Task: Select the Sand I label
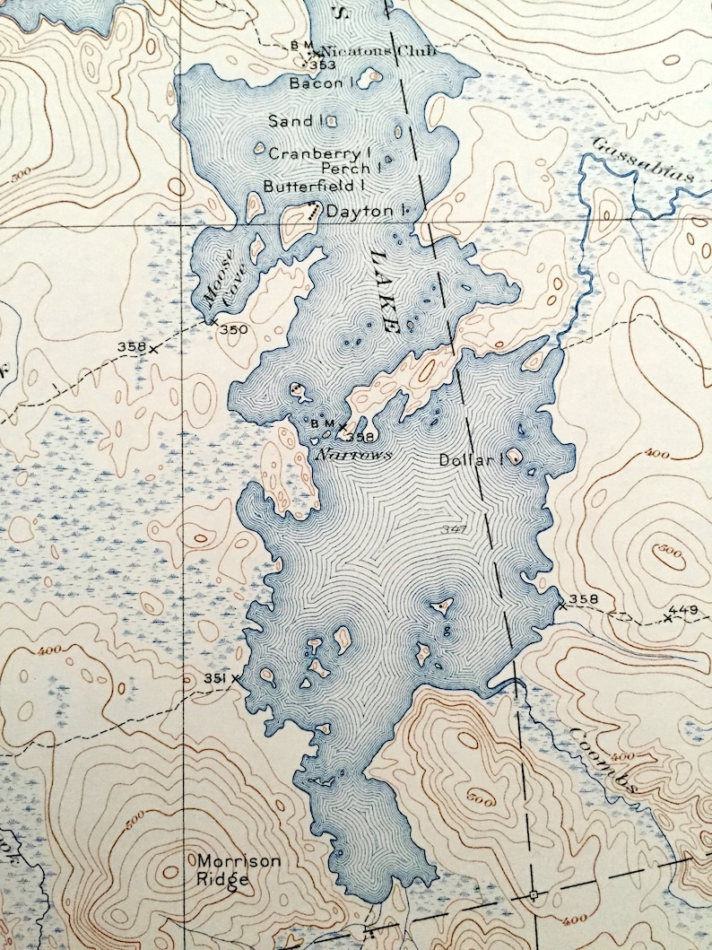(x=293, y=120)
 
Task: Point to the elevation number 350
(x=233, y=330)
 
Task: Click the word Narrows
(x=353, y=455)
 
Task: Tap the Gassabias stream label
(x=643, y=161)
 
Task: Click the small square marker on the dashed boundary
(x=533, y=894)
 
